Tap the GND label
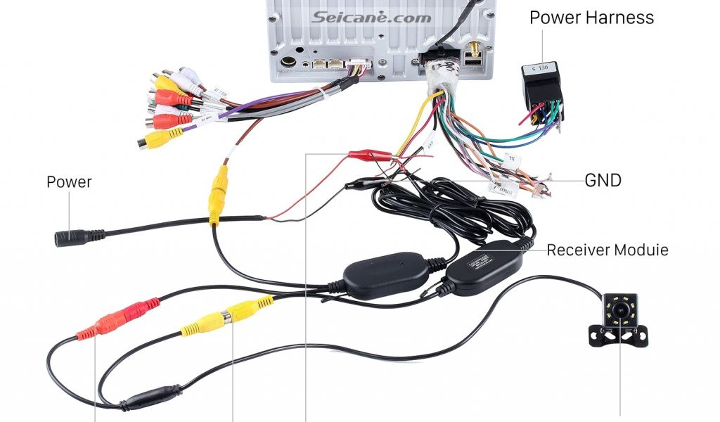click(603, 180)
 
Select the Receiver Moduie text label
click(607, 250)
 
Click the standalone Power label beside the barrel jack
click(69, 181)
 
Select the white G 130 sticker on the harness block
click(541, 69)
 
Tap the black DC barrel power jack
click(79, 237)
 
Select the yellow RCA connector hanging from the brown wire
click(217, 195)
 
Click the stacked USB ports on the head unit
click(473, 65)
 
